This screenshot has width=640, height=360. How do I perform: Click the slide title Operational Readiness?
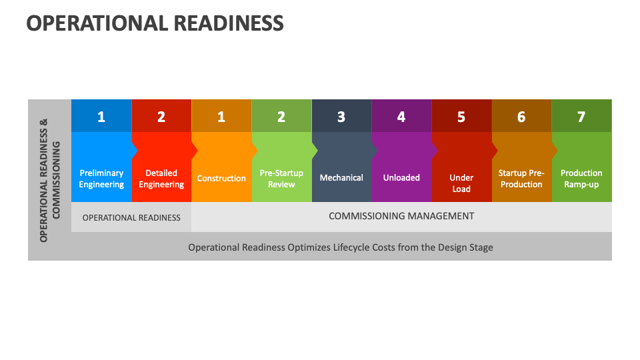pos(155,23)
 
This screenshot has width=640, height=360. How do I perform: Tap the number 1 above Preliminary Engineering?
pos(101,117)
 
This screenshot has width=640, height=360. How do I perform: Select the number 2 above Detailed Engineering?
pos(161,117)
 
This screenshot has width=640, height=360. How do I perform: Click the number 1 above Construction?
pos(221,117)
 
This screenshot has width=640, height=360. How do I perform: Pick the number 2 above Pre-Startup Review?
pos(281,117)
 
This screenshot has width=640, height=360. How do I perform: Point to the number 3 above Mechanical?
pos(341,117)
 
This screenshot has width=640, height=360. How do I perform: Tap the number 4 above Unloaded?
pos(401,117)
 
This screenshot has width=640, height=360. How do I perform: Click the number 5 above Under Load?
pos(461,117)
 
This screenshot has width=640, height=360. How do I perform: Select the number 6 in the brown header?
pos(521,117)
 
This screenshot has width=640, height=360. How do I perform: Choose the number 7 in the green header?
pos(581,117)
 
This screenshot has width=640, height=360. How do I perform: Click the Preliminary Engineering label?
pos(101,179)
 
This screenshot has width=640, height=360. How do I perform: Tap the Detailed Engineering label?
pos(161,179)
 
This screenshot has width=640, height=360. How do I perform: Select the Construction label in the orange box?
pos(221,179)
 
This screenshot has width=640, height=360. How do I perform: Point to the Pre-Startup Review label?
pos(281,179)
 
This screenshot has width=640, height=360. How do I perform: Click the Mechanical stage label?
pos(341,178)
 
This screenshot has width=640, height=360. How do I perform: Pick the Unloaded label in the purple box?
pos(401,178)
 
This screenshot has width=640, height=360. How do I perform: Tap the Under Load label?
pos(461,183)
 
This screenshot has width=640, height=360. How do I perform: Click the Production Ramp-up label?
pos(581,179)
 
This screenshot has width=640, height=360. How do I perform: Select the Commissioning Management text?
pos(401,216)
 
